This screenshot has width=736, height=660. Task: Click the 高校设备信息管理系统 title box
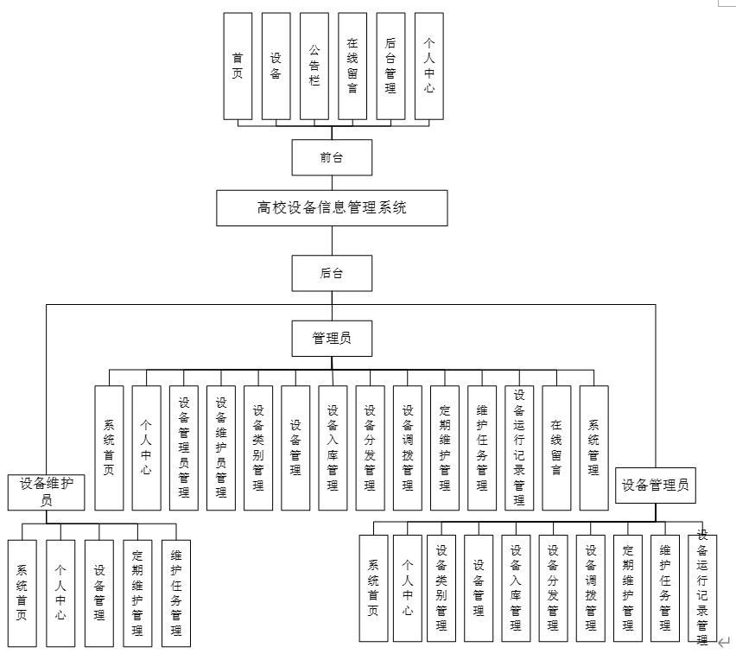[x=332, y=208]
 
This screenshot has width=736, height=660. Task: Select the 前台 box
[x=332, y=158]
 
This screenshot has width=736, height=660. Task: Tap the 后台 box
[x=332, y=273]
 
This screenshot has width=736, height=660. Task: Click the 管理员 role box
[x=332, y=339]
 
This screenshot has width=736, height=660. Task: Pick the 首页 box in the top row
[x=238, y=66]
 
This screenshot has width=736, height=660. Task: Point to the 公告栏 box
[x=314, y=66]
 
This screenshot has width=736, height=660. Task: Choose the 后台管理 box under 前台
[x=390, y=66]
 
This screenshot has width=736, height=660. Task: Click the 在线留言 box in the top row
[x=352, y=66]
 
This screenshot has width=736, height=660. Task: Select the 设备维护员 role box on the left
[x=47, y=492]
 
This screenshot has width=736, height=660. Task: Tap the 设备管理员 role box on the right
[x=656, y=485]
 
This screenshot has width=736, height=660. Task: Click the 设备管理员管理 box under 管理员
[x=184, y=447]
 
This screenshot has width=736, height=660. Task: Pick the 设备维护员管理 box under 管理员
[x=221, y=447]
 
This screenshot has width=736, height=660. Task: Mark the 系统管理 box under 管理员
[x=593, y=447]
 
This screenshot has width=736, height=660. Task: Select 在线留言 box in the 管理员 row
[x=556, y=447]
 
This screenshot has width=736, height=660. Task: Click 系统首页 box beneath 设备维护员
[x=22, y=593]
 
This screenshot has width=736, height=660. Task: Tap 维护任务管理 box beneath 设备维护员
[x=175, y=593]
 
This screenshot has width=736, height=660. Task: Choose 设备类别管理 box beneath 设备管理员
[x=441, y=587]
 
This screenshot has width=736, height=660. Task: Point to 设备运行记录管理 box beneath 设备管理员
[x=702, y=587]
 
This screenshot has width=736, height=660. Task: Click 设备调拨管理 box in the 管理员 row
[x=408, y=447]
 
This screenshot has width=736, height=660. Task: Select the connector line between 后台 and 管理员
[x=332, y=306]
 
